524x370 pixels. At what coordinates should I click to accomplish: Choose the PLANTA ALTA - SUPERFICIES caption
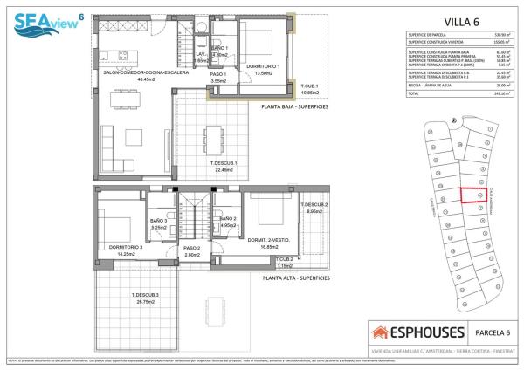(295, 277)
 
